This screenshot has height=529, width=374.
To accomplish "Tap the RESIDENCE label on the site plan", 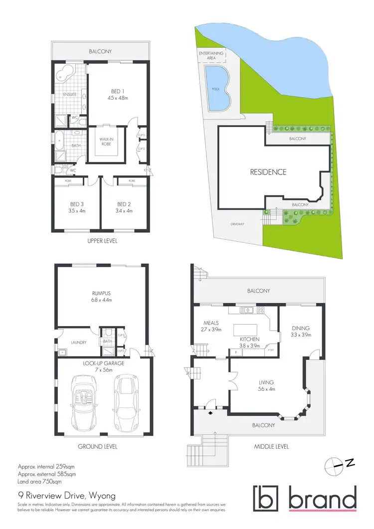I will (268, 172).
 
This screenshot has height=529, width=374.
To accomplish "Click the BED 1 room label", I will (118, 91).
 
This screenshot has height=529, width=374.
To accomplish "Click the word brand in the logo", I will (322, 499).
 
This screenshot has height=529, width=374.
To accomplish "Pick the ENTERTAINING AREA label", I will (211, 55).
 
